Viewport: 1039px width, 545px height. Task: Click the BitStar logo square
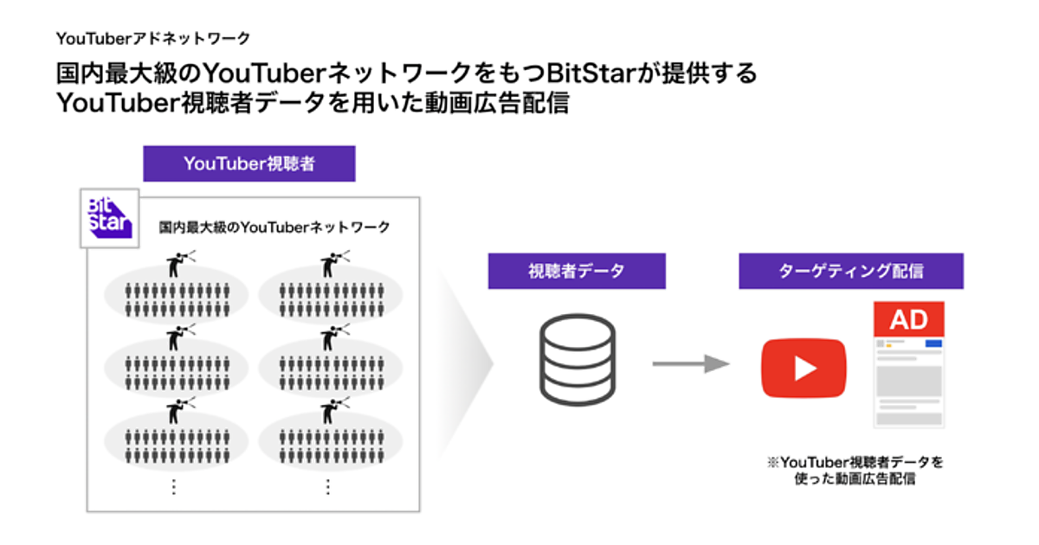click(109, 217)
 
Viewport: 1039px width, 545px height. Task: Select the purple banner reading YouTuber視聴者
click(248, 163)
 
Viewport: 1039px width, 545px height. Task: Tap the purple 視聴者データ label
click(577, 271)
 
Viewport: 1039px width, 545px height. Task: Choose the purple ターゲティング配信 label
click(850, 271)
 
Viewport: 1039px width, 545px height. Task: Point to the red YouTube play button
click(803, 369)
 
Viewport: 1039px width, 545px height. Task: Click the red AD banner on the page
click(908, 320)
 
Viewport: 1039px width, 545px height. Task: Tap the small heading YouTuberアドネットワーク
click(153, 38)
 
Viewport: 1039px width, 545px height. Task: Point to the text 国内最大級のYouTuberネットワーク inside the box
click(274, 228)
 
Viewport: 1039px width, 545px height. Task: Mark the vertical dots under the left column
click(173, 487)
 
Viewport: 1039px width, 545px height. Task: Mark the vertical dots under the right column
click(327, 487)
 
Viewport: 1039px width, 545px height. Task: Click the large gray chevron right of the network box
click(472, 363)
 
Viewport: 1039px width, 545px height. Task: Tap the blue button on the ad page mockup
click(933, 343)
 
